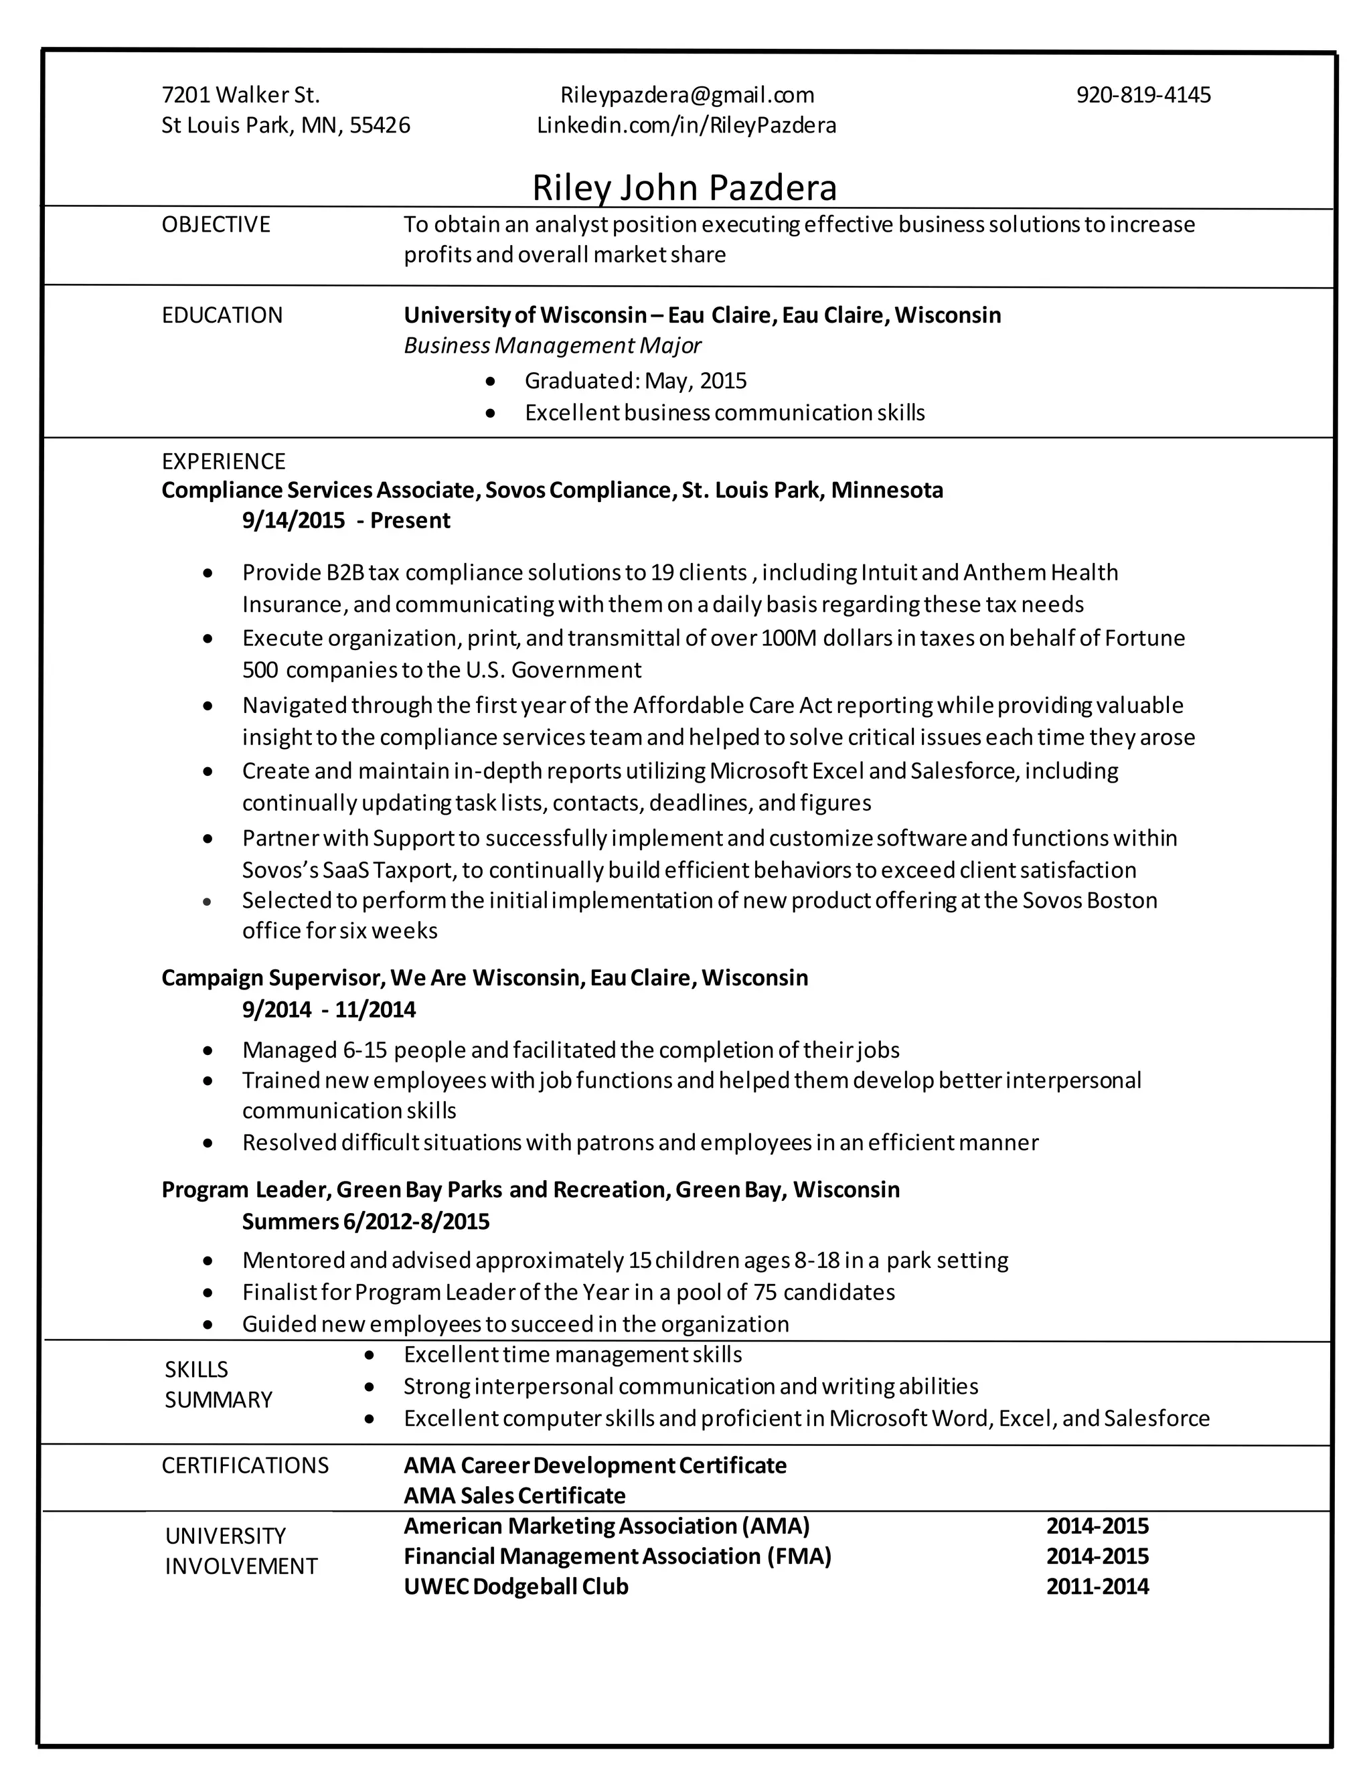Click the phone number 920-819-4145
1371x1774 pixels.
tap(1143, 95)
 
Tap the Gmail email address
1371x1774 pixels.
tap(686, 95)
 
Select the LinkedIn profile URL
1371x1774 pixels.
tap(686, 125)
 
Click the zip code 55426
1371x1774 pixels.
tap(380, 125)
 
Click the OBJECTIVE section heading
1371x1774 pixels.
tap(216, 224)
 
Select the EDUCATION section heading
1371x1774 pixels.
tap(222, 315)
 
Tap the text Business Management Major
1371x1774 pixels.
tap(552, 346)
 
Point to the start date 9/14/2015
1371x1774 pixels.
tap(293, 521)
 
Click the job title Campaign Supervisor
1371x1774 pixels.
tap(273, 977)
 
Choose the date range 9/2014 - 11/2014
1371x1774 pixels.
tap(328, 1010)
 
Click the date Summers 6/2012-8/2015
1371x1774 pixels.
tap(366, 1222)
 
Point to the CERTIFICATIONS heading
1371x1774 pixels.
tap(244, 1465)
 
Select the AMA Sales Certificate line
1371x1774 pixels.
tap(514, 1496)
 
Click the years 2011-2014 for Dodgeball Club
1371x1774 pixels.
tap(1097, 1587)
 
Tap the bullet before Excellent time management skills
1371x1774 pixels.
tap(370, 1355)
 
